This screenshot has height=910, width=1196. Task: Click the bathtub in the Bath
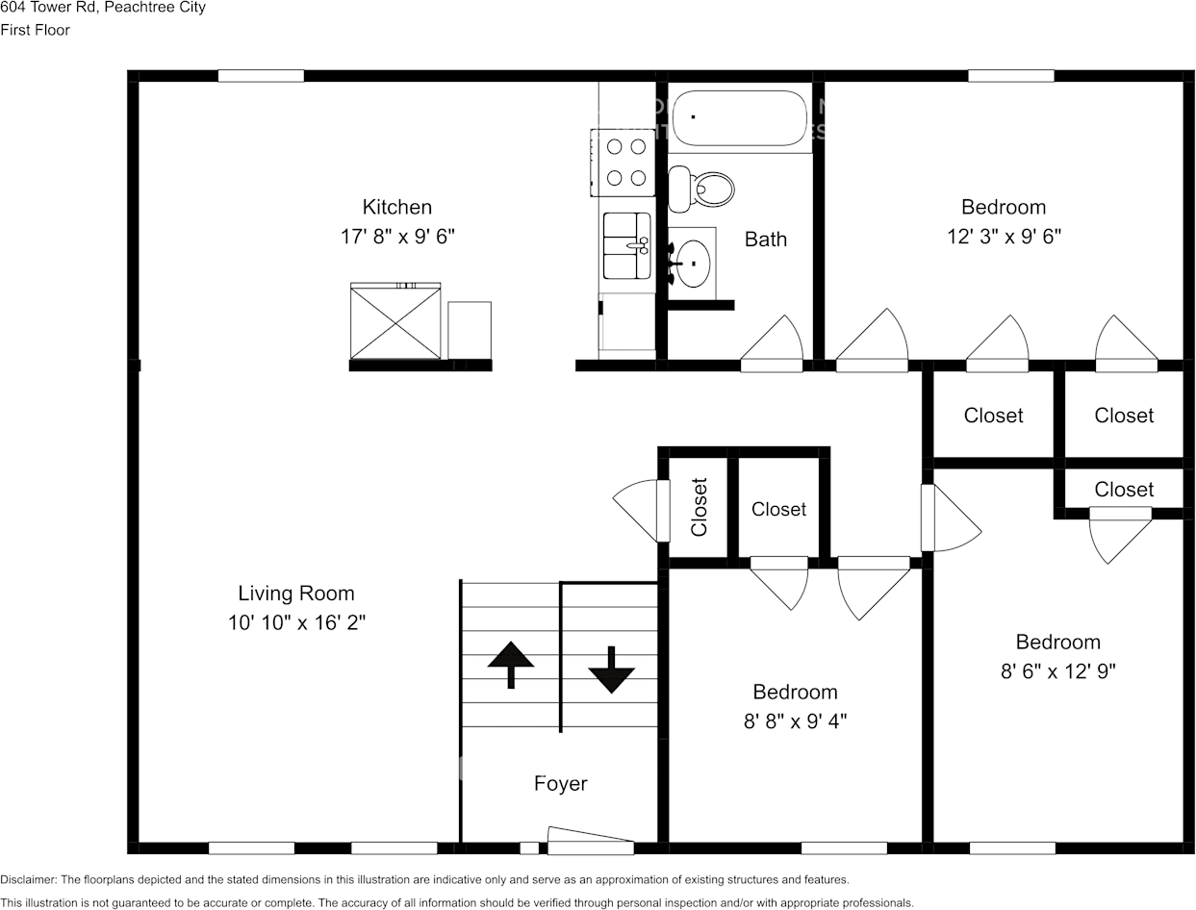[740, 118]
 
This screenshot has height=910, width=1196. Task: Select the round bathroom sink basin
[693, 262]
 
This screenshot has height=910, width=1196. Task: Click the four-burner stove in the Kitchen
[625, 162]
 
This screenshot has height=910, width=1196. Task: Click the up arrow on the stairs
[511, 665]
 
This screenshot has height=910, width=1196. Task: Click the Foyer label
[560, 784]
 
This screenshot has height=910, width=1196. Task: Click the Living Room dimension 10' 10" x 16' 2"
[296, 622]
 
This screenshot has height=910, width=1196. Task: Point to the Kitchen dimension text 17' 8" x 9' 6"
[397, 236]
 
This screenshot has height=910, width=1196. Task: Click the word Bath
[766, 240]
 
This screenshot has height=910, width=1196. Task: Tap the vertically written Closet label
[700, 507]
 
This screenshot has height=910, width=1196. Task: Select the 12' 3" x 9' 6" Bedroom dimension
[1004, 236]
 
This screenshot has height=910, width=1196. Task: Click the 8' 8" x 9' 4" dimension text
[795, 720]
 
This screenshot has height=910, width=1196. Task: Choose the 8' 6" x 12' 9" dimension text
[1057, 670]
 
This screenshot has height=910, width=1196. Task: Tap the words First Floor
[36, 30]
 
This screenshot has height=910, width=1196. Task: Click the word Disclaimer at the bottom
[29, 879]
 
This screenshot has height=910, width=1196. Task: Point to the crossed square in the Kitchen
[395, 322]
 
